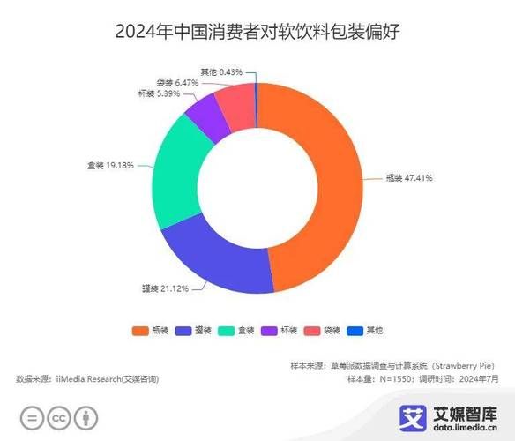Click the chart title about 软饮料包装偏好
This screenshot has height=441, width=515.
click(257, 33)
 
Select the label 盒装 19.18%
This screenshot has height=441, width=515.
click(111, 164)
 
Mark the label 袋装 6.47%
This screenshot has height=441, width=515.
click(180, 81)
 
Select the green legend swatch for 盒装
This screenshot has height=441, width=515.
click(225, 330)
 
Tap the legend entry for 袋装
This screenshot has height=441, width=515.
click(323, 330)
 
